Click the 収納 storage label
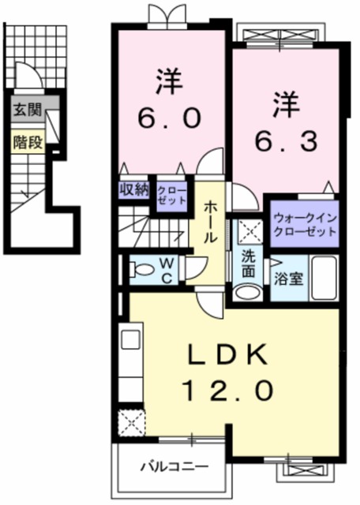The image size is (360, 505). tap(133, 189)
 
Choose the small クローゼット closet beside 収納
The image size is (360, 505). tap(171, 194)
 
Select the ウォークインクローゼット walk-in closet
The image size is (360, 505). tap(304, 224)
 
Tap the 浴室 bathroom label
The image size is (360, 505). tap(287, 279)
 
